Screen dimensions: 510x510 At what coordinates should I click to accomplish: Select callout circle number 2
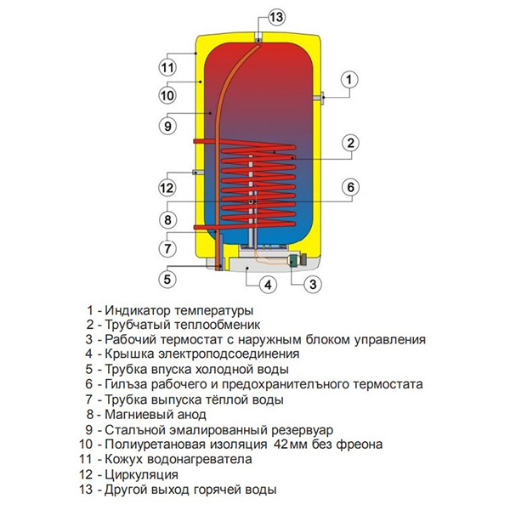click(x=349, y=142)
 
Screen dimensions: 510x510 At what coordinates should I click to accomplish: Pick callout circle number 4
click(x=266, y=284)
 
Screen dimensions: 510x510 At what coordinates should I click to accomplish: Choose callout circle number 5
click(x=167, y=278)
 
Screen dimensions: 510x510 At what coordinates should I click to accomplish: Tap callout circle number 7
click(x=167, y=249)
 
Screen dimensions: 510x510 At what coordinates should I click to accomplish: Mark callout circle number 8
click(x=167, y=219)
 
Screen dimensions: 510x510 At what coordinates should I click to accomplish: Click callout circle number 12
click(x=167, y=188)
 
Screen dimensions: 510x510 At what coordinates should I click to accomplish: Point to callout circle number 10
click(x=167, y=95)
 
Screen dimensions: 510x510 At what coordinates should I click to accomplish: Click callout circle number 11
click(x=167, y=66)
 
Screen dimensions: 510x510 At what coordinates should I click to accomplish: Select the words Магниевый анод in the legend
click(x=156, y=414)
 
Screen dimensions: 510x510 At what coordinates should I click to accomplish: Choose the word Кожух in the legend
click(x=124, y=459)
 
